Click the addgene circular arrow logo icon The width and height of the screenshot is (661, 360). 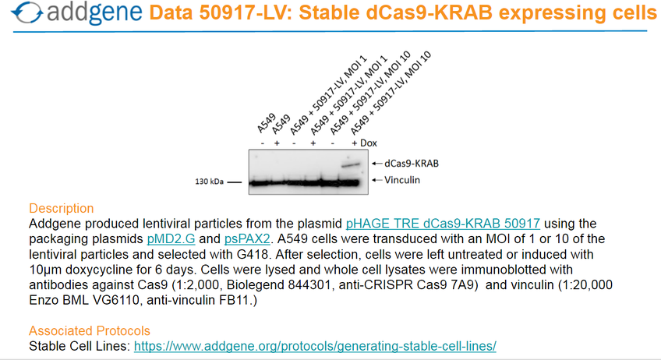pos(27,12)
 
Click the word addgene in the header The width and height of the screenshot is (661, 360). pos(94,12)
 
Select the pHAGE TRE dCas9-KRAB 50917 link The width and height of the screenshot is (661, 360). pos(443,224)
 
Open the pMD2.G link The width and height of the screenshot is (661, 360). pos(171,239)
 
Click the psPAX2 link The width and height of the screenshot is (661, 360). pos(247,239)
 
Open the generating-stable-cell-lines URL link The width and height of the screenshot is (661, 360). pos(315,346)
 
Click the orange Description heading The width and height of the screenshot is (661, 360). pos(61,208)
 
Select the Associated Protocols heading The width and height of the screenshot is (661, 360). pos(90,331)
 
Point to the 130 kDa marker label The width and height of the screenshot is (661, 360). pos(209,182)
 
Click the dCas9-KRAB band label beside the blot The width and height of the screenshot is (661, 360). pos(412,164)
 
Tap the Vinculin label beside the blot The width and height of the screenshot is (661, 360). pos(402,180)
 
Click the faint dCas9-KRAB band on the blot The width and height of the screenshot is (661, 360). pos(351,165)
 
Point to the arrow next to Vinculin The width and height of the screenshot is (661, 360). pos(376,180)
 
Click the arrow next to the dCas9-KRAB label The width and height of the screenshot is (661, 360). pos(376,164)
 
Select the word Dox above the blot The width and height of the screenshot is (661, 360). pos(369,143)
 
